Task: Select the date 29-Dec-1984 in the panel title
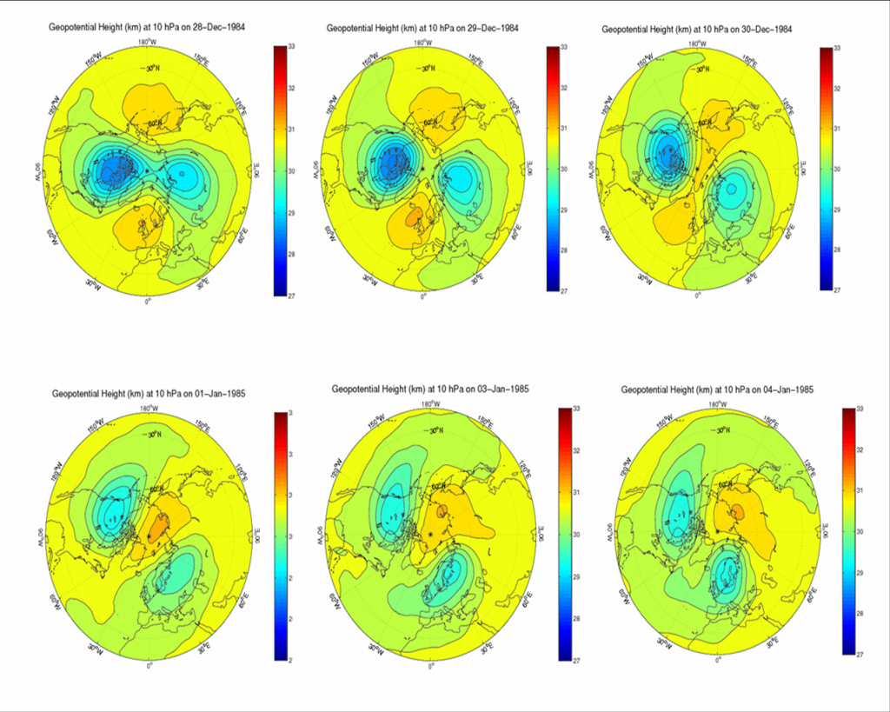(490, 28)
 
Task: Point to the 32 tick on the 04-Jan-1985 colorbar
(858, 449)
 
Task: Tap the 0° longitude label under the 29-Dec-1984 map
(423, 298)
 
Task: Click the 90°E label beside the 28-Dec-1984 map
(257, 170)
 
